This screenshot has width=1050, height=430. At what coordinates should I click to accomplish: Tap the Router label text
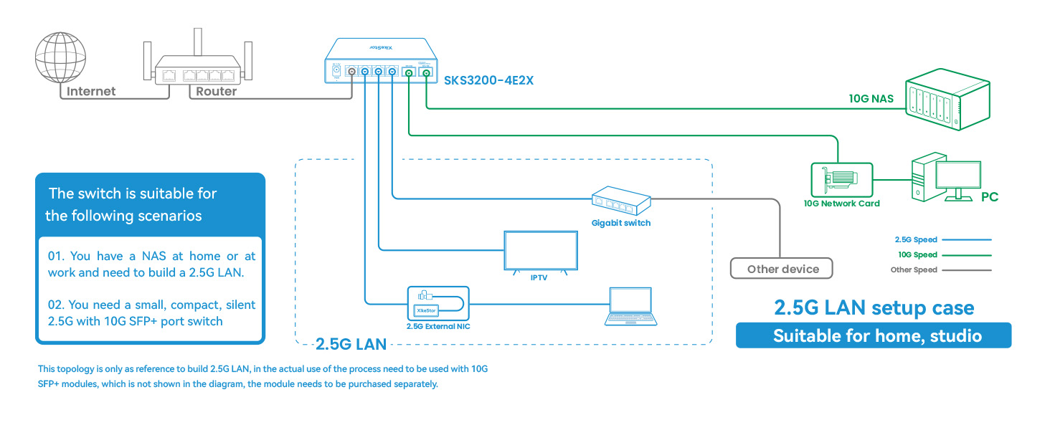point(216,91)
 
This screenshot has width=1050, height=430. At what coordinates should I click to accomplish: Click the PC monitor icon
point(961,178)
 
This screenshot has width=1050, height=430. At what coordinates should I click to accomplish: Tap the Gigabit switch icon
point(621,201)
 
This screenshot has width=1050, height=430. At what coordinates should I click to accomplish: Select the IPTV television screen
point(539,251)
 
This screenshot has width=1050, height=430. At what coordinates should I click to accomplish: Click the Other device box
point(782,269)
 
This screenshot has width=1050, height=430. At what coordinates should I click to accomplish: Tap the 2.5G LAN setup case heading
point(874,308)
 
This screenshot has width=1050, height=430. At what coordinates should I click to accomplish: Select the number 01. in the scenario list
point(57,256)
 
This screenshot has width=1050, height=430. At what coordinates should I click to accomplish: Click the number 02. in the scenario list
point(57,305)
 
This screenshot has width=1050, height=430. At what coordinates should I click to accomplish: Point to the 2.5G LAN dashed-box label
point(351,344)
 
